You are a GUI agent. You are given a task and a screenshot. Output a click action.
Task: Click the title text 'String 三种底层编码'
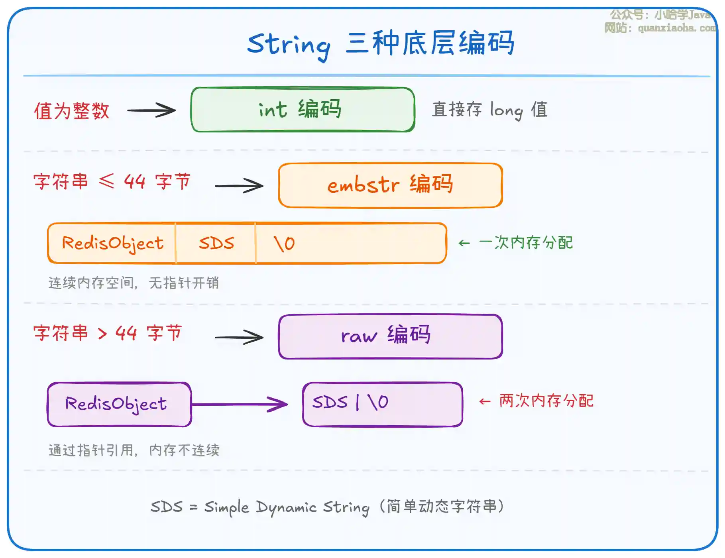(x=381, y=44)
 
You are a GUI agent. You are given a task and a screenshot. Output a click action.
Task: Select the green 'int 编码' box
(x=303, y=110)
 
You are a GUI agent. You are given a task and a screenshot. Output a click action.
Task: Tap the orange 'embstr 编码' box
(x=390, y=185)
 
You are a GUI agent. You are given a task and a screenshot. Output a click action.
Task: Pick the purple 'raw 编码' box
(x=390, y=336)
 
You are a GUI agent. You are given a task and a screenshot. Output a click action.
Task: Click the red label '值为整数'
(x=72, y=111)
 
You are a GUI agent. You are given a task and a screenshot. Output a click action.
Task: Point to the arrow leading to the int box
(x=151, y=110)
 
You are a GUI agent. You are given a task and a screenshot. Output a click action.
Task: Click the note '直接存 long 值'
(x=490, y=110)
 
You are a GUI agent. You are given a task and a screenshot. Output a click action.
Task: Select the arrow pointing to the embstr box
(x=239, y=186)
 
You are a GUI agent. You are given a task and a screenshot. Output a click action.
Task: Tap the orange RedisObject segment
(x=112, y=243)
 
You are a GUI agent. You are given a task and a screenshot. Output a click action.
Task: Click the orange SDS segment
(x=216, y=243)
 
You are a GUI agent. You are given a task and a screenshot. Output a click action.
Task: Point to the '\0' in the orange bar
(x=284, y=243)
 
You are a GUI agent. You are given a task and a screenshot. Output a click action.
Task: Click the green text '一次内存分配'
(x=526, y=242)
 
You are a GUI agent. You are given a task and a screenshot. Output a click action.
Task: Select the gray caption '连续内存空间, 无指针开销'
(x=134, y=283)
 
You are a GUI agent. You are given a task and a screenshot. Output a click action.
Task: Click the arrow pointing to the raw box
(x=239, y=338)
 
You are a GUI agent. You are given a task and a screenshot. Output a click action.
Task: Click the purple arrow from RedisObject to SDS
(x=239, y=404)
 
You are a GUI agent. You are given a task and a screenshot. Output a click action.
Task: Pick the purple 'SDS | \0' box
(x=382, y=404)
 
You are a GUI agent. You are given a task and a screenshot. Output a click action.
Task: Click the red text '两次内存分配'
(x=546, y=401)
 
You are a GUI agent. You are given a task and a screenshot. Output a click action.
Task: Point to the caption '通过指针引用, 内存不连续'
(x=134, y=450)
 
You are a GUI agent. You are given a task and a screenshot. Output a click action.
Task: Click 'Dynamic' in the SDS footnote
(x=286, y=507)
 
